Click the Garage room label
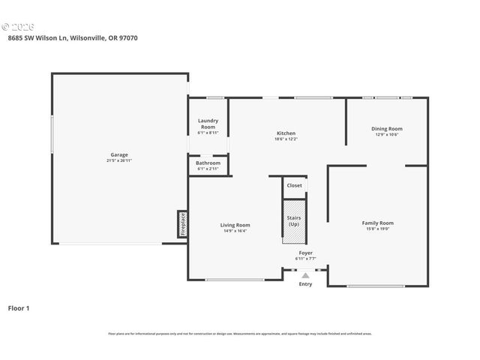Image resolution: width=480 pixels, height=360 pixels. click(119, 154)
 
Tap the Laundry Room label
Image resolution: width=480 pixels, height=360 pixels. click(208, 124)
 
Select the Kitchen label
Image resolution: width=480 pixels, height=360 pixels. click(286, 133)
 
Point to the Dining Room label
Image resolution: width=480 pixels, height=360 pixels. click(387, 129)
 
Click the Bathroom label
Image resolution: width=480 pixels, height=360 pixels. click(208, 163)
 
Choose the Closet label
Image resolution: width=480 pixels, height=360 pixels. click(294, 185)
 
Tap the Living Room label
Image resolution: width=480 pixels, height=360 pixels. click(235, 225)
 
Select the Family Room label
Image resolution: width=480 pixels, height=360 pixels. click(377, 223)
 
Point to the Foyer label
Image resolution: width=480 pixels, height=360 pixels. click(305, 253)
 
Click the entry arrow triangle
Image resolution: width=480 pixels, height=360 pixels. click(305, 275)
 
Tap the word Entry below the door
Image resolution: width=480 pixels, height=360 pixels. click(305, 284)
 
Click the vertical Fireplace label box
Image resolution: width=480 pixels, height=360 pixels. click(182, 223)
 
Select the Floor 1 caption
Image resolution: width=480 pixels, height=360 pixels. click(19, 307)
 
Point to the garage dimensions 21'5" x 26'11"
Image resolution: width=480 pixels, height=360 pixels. click(119, 160)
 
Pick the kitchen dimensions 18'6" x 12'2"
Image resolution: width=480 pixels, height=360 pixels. click(286, 139)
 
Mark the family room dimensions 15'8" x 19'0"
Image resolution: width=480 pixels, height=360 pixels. click(377, 229)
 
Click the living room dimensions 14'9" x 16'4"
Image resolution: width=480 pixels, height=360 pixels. click(235, 231)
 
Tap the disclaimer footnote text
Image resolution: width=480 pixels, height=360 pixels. click(240, 333)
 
